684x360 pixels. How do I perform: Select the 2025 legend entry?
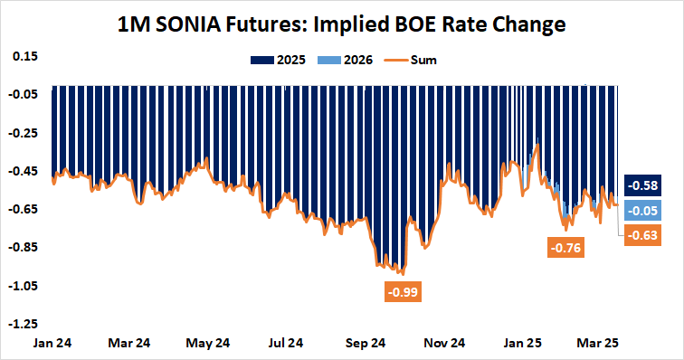point(285,61)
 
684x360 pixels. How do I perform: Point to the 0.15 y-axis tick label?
point(24,56)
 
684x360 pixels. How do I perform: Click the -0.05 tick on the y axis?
point(23,94)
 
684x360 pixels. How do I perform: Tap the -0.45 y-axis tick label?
point(23,171)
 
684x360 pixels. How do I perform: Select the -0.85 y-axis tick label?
point(23,247)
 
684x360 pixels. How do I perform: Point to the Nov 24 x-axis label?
point(445,344)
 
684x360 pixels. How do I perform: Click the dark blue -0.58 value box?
point(645,185)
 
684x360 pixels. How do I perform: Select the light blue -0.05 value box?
point(645,211)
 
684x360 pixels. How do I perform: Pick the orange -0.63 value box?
point(645,236)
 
